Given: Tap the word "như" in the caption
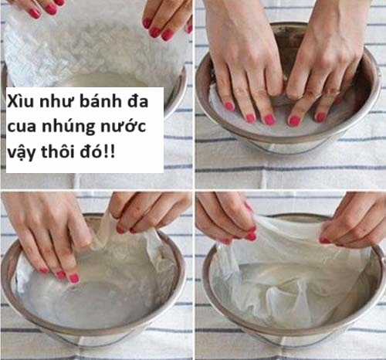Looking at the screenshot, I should point(54,104).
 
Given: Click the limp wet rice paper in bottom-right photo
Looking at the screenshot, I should point(286,270).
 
